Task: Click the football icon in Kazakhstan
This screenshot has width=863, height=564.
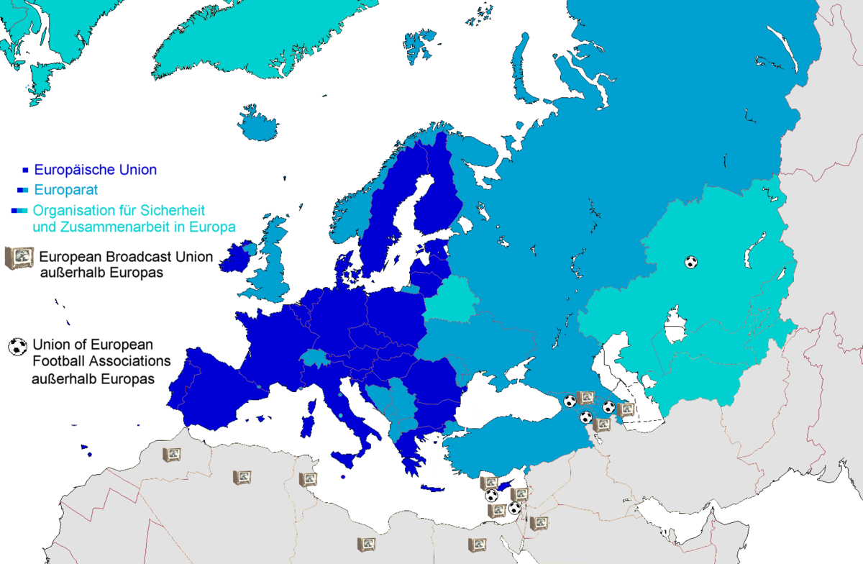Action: tap(690, 262)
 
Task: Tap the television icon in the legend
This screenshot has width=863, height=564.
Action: tap(19, 258)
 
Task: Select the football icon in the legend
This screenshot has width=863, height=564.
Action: tap(17, 346)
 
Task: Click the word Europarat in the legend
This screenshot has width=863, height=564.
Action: tap(67, 191)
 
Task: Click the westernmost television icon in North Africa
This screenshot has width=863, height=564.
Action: tap(171, 455)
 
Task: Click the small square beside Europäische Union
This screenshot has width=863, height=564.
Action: tap(25, 170)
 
